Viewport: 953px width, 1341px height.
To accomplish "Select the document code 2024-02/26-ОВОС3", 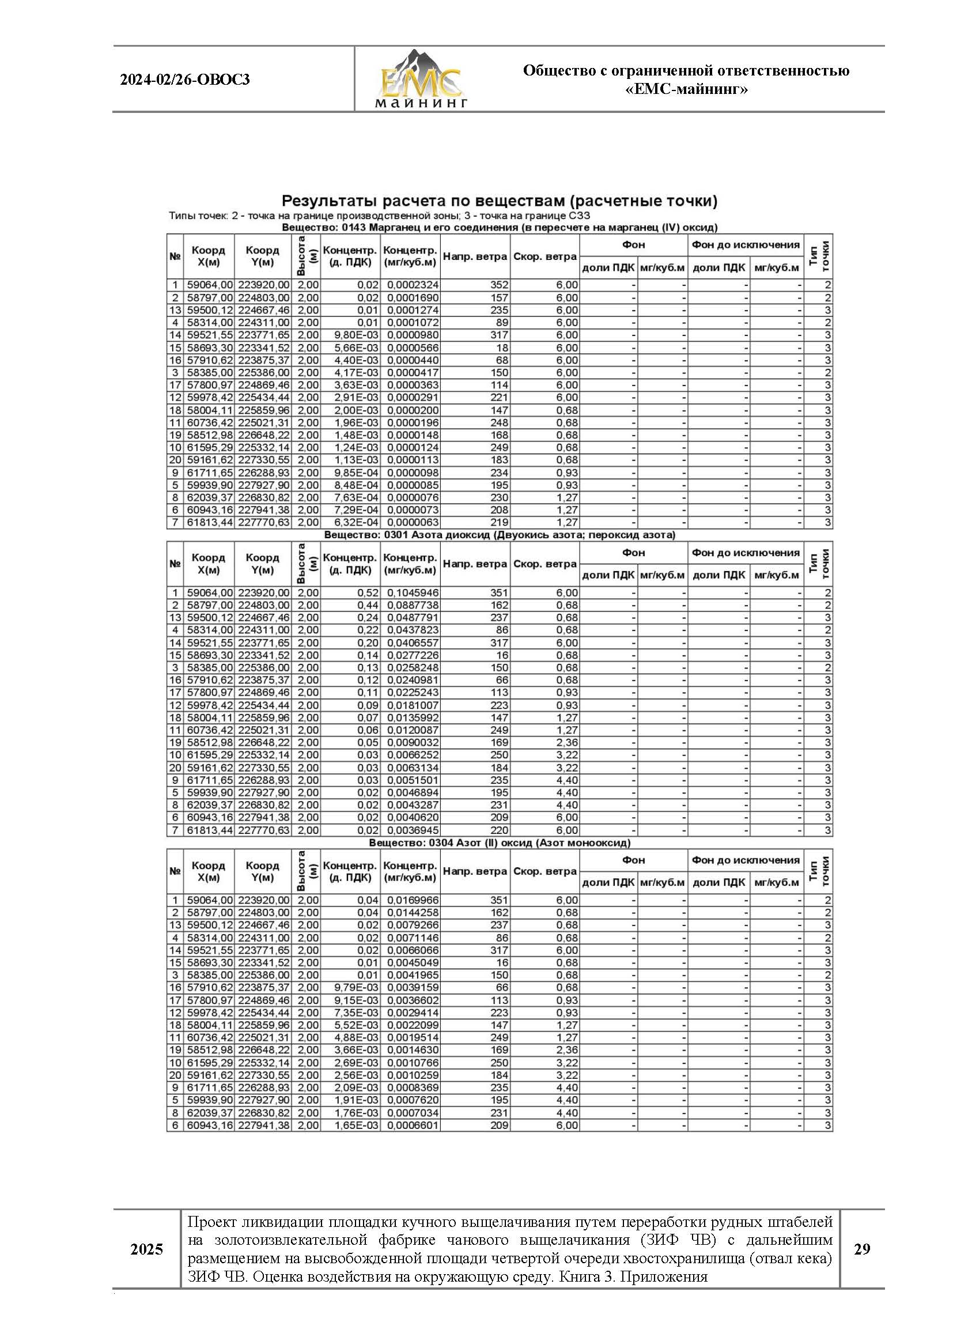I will pyautogui.click(x=185, y=80).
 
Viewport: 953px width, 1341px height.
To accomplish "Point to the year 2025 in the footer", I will pyautogui.click(x=147, y=1249).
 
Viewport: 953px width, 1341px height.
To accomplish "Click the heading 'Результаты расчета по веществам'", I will pyautogui.click(x=500, y=201).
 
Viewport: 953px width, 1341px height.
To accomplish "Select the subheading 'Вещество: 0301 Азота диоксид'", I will pyautogui.click(x=500, y=535).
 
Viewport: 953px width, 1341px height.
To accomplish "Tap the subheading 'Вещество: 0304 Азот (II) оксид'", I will pyautogui.click(x=500, y=843).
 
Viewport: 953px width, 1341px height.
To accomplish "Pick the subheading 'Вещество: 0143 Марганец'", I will pyautogui.click(x=500, y=228).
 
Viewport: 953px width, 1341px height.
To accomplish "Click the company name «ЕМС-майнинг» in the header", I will pyautogui.click(x=686, y=89).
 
